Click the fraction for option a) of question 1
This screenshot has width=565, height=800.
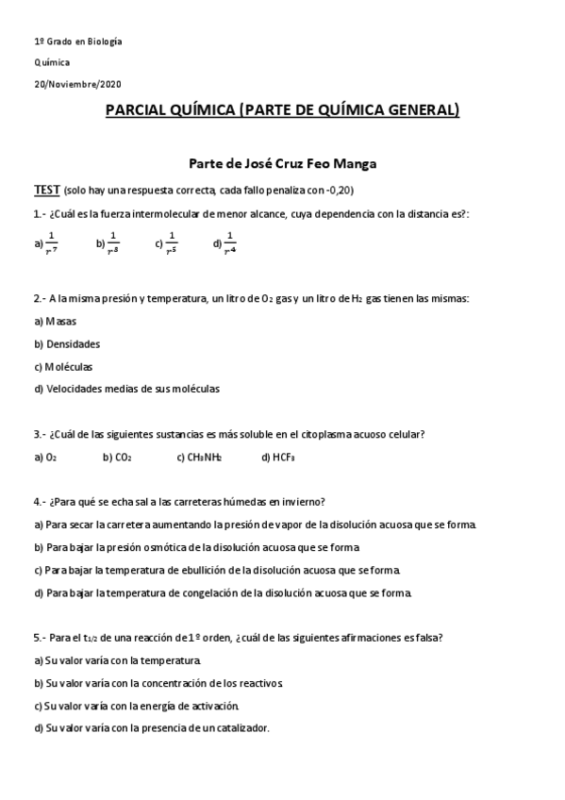click(x=52, y=242)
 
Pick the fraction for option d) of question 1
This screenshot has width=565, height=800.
click(x=230, y=242)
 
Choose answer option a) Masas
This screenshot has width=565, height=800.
click(x=56, y=321)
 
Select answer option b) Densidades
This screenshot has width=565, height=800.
click(x=67, y=343)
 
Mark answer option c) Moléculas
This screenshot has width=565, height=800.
click(x=63, y=366)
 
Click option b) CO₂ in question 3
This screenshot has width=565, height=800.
click(x=117, y=458)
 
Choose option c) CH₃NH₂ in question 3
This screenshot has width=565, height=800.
click(x=199, y=458)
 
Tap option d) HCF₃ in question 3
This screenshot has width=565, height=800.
click(x=278, y=458)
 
